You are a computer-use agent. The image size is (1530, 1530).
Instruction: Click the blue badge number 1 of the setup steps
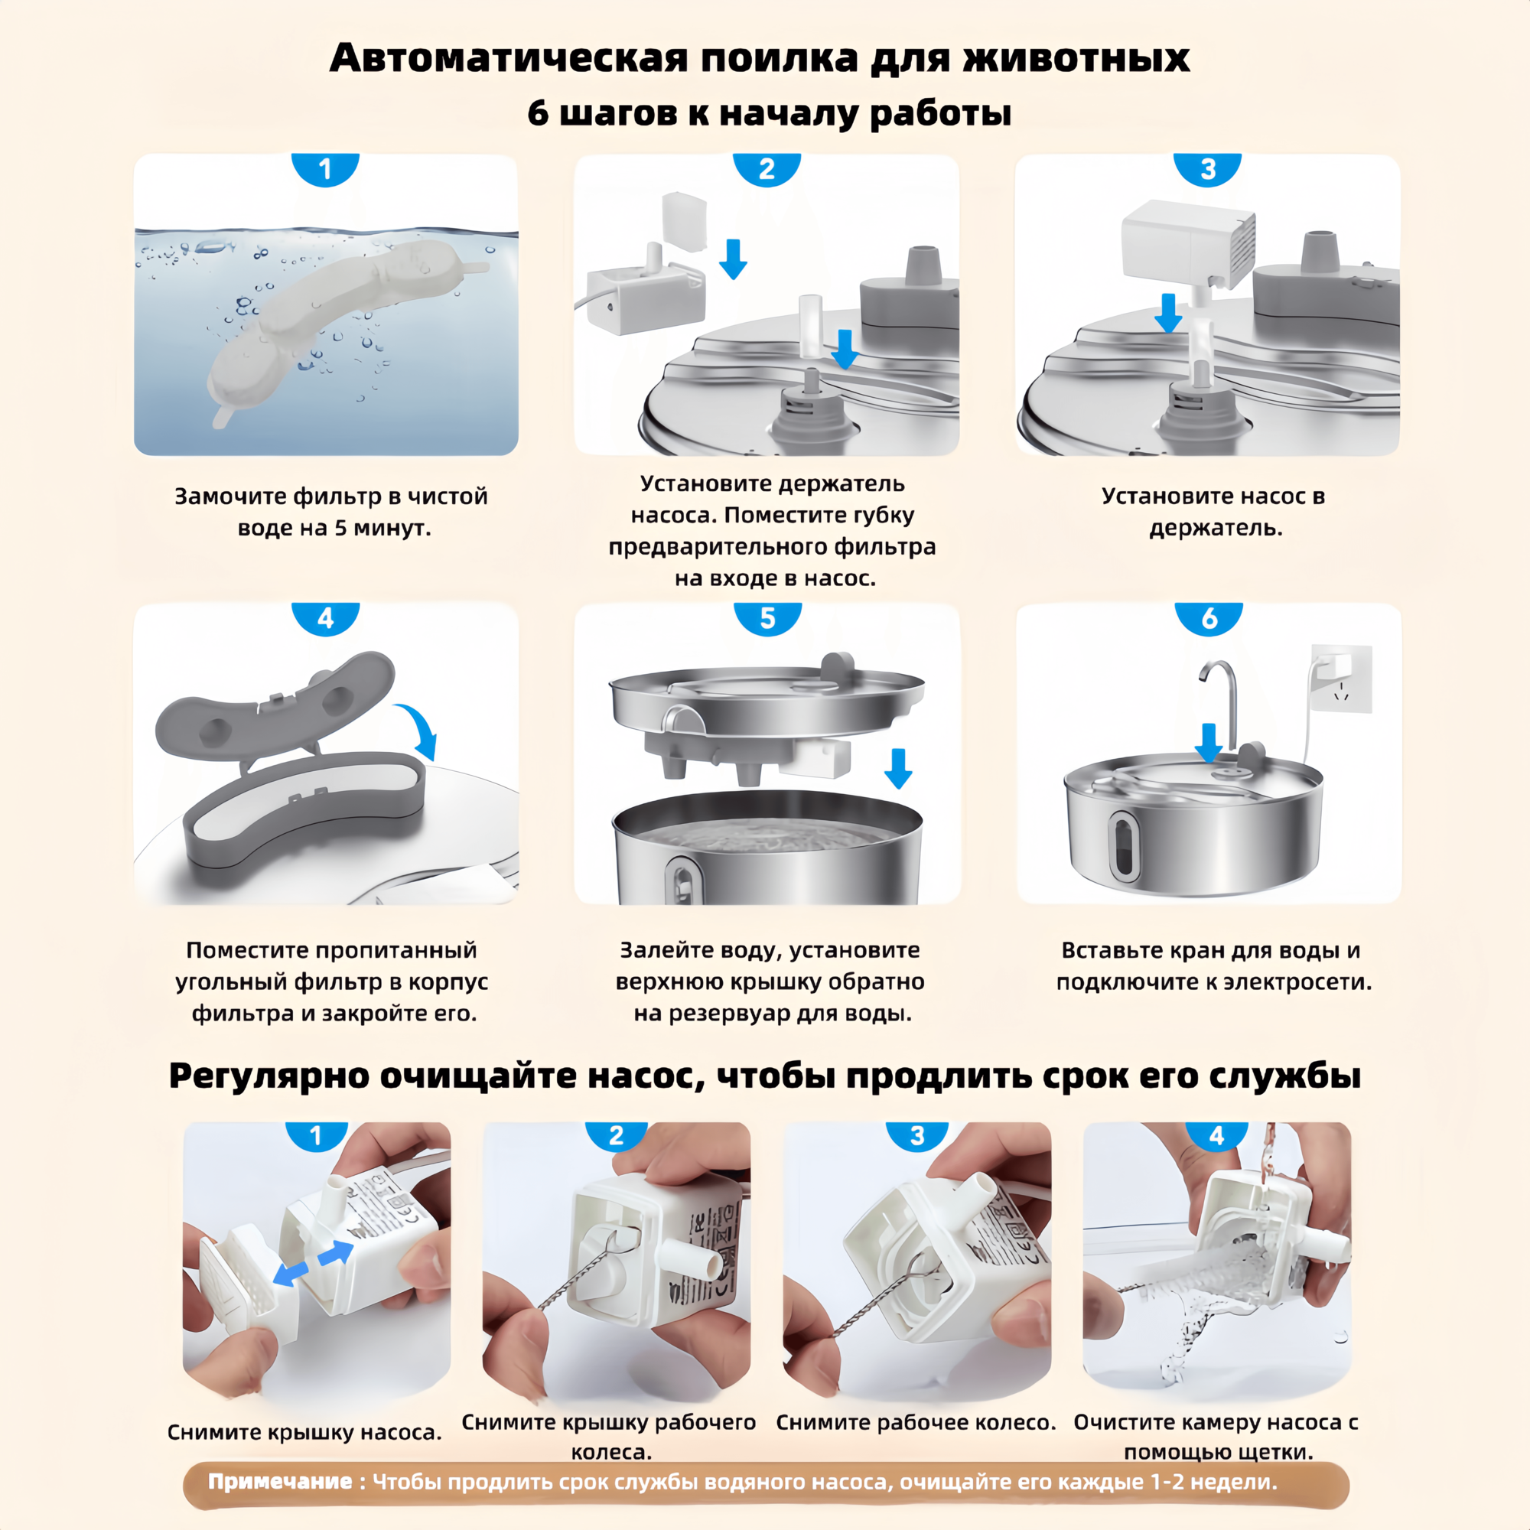pyautogui.click(x=324, y=168)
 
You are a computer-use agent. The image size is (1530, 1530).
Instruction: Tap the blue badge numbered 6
pyautogui.click(x=1209, y=618)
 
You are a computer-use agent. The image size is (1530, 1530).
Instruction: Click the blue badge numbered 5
pyautogui.click(x=767, y=618)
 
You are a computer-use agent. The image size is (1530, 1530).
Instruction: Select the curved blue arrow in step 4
pyautogui.click(x=420, y=729)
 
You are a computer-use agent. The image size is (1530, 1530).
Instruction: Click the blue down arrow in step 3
pyautogui.click(x=1168, y=313)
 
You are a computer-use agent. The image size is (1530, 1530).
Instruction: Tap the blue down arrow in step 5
pyautogui.click(x=898, y=768)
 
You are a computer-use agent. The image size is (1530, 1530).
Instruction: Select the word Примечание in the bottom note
pyautogui.click(x=280, y=1482)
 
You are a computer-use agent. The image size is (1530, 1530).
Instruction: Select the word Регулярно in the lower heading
pyautogui.click(x=269, y=1076)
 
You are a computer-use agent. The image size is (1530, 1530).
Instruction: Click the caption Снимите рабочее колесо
pyautogui.click(x=916, y=1422)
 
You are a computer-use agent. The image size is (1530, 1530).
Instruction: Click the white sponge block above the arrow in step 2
pyautogui.click(x=683, y=221)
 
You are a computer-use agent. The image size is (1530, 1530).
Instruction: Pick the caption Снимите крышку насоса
pyautogui.click(x=305, y=1432)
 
